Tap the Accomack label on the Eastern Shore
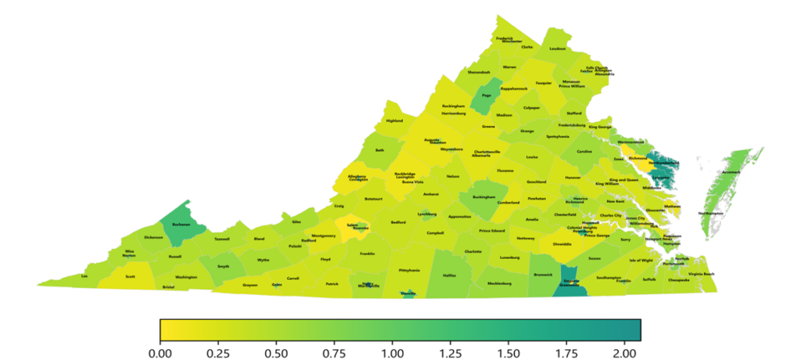click(x=730, y=171)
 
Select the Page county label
click(x=487, y=95)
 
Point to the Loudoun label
click(x=557, y=49)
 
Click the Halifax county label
click(x=448, y=275)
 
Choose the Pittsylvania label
click(x=409, y=270)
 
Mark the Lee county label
click(x=84, y=275)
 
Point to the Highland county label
click(x=394, y=121)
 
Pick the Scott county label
click(x=131, y=275)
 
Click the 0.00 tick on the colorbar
click(x=160, y=350)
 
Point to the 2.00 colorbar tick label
click(x=624, y=350)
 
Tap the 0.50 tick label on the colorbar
click(x=276, y=350)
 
